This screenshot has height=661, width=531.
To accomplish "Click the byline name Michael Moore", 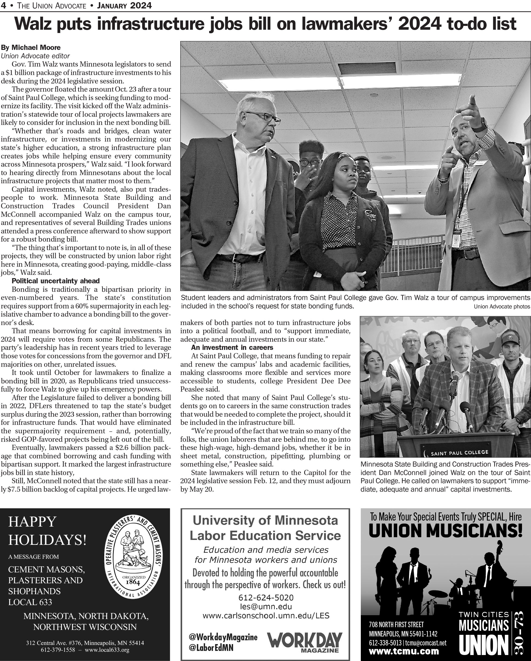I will (x=36, y=47).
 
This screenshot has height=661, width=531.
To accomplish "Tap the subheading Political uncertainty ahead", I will (x=56, y=281).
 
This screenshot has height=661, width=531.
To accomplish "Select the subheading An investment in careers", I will (x=232, y=347).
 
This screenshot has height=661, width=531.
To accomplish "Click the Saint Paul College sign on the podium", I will (x=459, y=452).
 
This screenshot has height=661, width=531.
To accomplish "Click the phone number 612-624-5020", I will (x=266, y=597).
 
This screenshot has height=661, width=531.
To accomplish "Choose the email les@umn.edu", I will (x=266, y=606).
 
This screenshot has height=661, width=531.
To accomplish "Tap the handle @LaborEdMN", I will (x=211, y=648).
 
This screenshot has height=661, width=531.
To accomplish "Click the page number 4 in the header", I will (x=3, y=5).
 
